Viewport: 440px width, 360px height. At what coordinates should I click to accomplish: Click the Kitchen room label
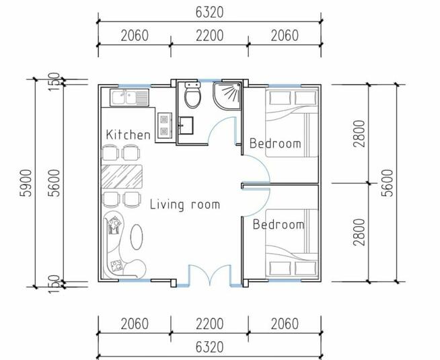(129, 135)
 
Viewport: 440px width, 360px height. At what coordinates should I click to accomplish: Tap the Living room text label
(185, 205)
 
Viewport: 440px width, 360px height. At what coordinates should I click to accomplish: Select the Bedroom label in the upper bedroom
(275, 143)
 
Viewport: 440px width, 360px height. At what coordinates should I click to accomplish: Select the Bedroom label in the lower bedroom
(279, 225)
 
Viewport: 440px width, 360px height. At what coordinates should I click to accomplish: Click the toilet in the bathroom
(192, 95)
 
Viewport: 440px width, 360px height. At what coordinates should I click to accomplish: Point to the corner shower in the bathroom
(227, 95)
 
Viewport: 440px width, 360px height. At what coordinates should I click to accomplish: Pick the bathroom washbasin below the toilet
(186, 125)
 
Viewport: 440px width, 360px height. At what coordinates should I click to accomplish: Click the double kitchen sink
(129, 98)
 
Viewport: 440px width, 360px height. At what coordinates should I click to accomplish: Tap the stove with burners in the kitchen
(164, 125)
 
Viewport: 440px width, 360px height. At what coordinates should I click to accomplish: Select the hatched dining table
(122, 176)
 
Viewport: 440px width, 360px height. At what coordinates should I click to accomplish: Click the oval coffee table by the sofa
(137, 236)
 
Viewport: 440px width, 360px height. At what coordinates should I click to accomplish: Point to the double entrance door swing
(210, 277)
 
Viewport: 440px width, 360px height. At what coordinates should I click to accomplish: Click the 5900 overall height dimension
(27, 183)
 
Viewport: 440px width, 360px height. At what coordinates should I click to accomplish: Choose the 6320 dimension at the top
(209, 12)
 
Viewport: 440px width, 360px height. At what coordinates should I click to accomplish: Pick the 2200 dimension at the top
(210, 36)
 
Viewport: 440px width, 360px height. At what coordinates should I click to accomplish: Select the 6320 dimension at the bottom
(209, 347)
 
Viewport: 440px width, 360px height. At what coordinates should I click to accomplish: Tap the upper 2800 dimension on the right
(359, 133)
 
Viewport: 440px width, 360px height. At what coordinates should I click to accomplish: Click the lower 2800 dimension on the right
(359, 232)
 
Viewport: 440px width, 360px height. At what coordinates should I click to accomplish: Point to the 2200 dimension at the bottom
(210, 324)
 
